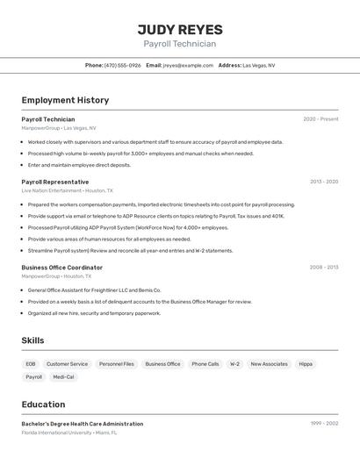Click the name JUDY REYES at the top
pyautogui.click(x=180, y=29)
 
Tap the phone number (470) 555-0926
pyautogui.click(x=122, y=65)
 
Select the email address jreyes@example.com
pyautogui.click(x=188, y=65)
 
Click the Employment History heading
pyautogui.click(x=65, y=100)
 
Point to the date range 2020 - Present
pyautogui.click(x=320, y=119)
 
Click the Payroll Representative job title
pyautogui.click(x=55, y=182)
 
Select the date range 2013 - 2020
pyautogui.click(x=324, y=182)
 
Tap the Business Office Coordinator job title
pyautogui.click(x=62, y=267)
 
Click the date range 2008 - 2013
pyautogui.click(x=324, y=267)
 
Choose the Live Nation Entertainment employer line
pyautogui.click(x=67, y=190)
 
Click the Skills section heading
pyautogui.click(x=33, y=340)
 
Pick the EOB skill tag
pyautogui.click(x=31, y=363)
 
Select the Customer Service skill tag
pyautogui.click(x=68, y=363)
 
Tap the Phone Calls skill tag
pyautogui.click(x=205, y=363)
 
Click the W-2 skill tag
pyautogui.click(x=234, y=363)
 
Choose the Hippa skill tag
pyautogui.click(x=306, y=363)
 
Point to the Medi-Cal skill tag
pyautogui.click(x=63, y=376)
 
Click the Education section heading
pyautogui.click(x=43, y=404)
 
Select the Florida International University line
pyautogui.click(x=69, y=433)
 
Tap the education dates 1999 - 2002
pyautogui.click(x=324, y=424)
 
